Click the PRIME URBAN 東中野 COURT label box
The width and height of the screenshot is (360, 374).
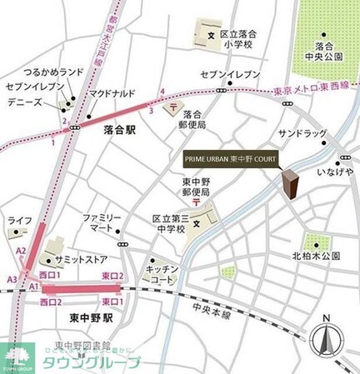point(230,158)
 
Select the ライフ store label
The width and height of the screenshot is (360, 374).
point(19,221)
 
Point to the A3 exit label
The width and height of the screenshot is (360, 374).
point(13,279)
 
